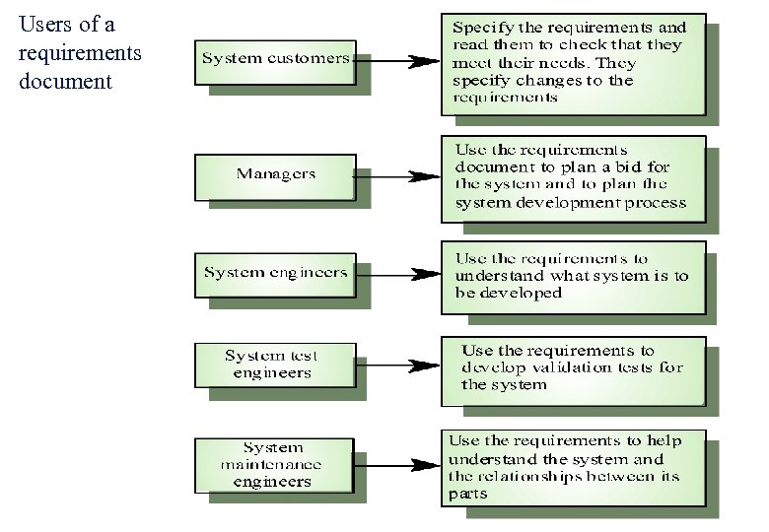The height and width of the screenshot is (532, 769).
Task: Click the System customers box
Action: tap(275, 58)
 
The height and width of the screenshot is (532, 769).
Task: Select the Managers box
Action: tap(275, 174)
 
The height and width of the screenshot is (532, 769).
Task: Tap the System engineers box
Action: tap(275, 272)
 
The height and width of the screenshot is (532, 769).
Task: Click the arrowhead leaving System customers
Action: tap(423, 61)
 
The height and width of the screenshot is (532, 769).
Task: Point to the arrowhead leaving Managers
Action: tap(423, 178)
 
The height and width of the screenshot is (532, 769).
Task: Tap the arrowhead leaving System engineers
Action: tap(423, 275)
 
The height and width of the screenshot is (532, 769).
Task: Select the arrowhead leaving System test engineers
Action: tap(423, 366)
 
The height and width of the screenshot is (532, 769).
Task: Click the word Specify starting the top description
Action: tap(481, 28)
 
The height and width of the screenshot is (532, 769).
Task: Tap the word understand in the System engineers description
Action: tap(499, 276)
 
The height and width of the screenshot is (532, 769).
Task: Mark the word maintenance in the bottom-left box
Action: tap(270, 464)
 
